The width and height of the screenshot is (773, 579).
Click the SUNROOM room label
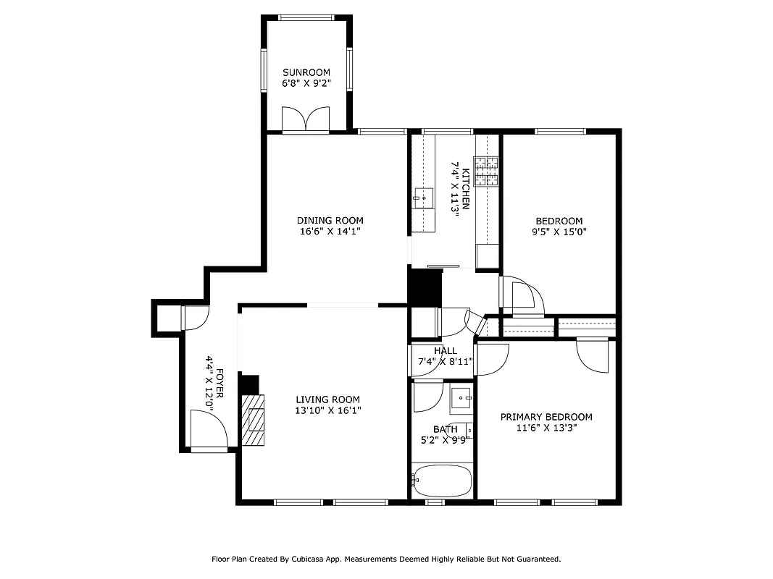pos(306,72)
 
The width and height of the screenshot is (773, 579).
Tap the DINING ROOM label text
pos(330,221)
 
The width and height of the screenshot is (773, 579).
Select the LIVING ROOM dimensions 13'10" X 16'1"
pos(327,410)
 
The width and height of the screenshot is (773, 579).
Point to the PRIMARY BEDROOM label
pos(546,417)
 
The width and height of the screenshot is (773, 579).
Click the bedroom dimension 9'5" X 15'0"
pos(559,232)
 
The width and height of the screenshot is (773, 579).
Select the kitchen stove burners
pos(487,171)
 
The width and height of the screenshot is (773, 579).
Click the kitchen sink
pos(423,196)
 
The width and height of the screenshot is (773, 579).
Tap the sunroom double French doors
pos(306,119)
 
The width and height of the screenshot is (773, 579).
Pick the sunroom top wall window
pos(306,17)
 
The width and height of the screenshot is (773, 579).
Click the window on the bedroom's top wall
pos(559,132)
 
